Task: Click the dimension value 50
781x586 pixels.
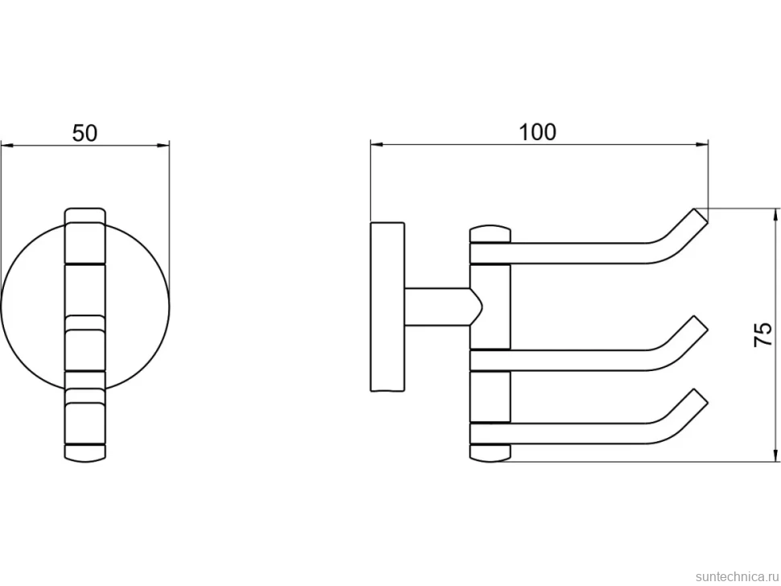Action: [x=85, y=133]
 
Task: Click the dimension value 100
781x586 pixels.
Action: [x=537, y=132]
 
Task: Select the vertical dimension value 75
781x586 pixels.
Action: [x=763, y=335]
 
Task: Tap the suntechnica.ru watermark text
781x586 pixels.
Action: [x=737, y=576]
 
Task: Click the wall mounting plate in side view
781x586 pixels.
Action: [x=387, y=307]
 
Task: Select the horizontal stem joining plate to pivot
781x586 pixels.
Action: [x=437, y=307]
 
